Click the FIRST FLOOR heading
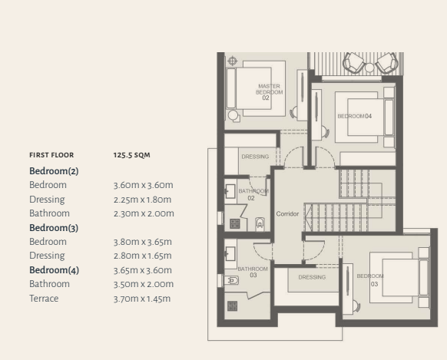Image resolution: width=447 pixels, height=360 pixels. point(51,155)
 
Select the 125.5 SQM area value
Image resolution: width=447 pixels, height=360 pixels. point(131,155)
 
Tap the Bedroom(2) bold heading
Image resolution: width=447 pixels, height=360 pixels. point(54,171)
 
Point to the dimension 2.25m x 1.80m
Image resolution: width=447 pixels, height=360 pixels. point(142,200)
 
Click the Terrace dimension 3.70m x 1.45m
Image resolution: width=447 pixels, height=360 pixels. point(142,299)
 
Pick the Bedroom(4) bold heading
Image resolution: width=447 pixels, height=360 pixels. point(55,270)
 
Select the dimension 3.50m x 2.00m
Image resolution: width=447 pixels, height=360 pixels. point(144,284)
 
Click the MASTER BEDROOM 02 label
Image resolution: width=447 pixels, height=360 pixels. point(269,92)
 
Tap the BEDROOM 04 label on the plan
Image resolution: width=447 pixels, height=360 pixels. point(355,116)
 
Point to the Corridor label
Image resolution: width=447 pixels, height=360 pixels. point(287,214)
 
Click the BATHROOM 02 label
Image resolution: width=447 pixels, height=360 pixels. point(253,194)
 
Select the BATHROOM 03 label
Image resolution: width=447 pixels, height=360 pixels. point(253,272)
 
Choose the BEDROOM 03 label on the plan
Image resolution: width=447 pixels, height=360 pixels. point(370,280)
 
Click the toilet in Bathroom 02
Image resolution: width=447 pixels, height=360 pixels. point(260,224)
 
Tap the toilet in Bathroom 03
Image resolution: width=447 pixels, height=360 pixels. point(231,280)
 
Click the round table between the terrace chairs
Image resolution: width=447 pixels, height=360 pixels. point(369,68)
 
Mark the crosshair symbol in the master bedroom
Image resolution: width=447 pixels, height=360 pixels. point(233,61)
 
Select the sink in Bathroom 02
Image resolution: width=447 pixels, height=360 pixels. point(230,191)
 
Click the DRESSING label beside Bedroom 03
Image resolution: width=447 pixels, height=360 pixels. point(312,277)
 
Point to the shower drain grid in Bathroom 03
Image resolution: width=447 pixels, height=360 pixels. point(233,306)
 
